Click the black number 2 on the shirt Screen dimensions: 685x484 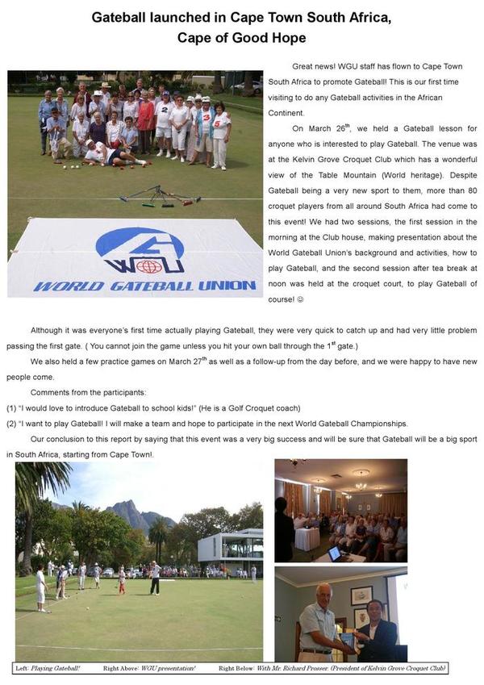click(164, 106)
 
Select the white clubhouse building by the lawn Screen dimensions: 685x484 click(230, 549)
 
